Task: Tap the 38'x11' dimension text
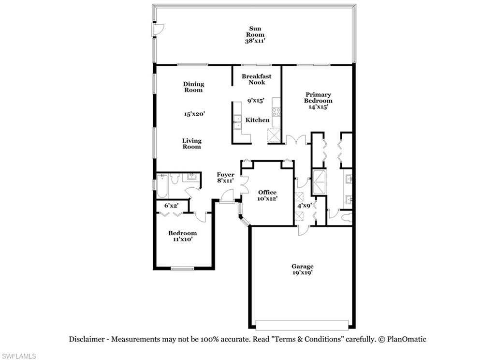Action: [x=256, y=41]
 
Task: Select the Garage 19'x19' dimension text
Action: [x=302, y=272]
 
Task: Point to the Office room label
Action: [x=267, y=192]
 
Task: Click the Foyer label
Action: [x=225, y=175]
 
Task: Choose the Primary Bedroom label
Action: [x=318, y=97]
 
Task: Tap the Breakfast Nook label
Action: [x=256, y=79]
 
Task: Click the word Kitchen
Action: [x=257, y=120]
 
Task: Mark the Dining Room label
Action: [x=193, y=87]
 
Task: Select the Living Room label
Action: [x=192, y=144]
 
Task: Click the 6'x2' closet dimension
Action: [x=172, y=205]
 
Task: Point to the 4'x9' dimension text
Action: [x=304, y=206]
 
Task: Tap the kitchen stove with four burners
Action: [x=276, y=112]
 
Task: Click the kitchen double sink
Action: [x=237, y=121]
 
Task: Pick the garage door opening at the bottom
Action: [x=302, y=325]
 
